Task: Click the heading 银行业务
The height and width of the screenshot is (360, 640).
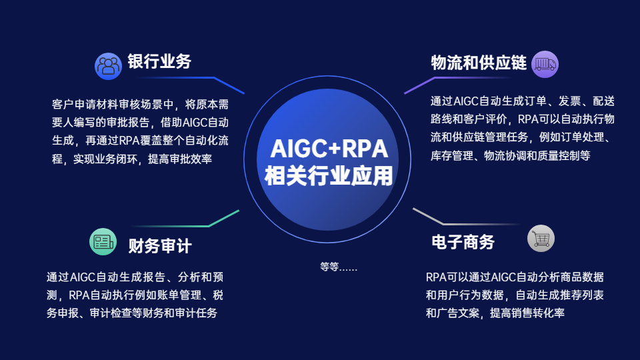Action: tap(159, 61)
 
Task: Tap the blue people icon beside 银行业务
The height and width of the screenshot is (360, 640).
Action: tap(108, 66)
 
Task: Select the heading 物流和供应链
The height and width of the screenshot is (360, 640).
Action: tap(479, 63)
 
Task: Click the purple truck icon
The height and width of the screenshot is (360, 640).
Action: tap(545, 64)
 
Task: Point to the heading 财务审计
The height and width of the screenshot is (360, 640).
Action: tap(160, 246)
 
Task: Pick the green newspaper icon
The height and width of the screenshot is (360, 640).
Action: tap(103, 241)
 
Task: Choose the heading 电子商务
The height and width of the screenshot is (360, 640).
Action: tap(463, 242)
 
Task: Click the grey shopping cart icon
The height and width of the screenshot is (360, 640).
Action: tap(541, 239)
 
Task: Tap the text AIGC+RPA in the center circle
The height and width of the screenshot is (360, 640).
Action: tap(329, 149)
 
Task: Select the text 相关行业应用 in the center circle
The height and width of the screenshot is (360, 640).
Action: tap(329, 175)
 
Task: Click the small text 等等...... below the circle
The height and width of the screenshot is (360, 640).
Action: tap(339, 267)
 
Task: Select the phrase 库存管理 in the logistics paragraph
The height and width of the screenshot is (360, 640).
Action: tap(452, 155)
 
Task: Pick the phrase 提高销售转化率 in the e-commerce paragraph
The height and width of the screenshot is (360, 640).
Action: tap(527, 313)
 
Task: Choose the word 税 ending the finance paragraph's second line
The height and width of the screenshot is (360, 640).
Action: tap(218, 295)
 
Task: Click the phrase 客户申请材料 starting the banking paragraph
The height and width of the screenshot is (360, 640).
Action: tap(85, 105)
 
